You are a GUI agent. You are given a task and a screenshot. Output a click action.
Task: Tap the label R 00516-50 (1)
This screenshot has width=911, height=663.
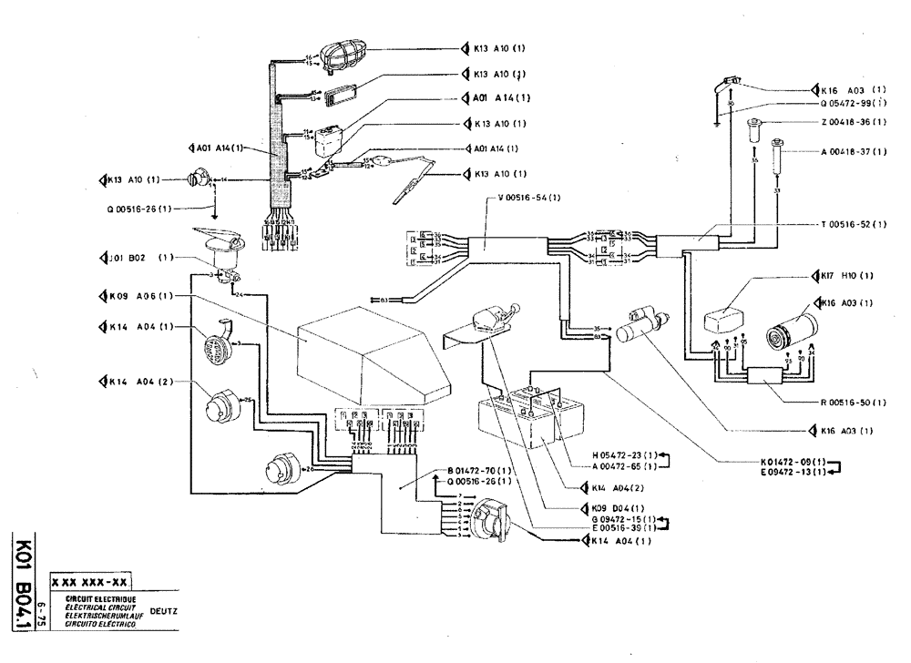846,401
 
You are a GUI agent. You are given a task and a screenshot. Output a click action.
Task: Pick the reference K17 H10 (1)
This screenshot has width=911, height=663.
846,275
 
